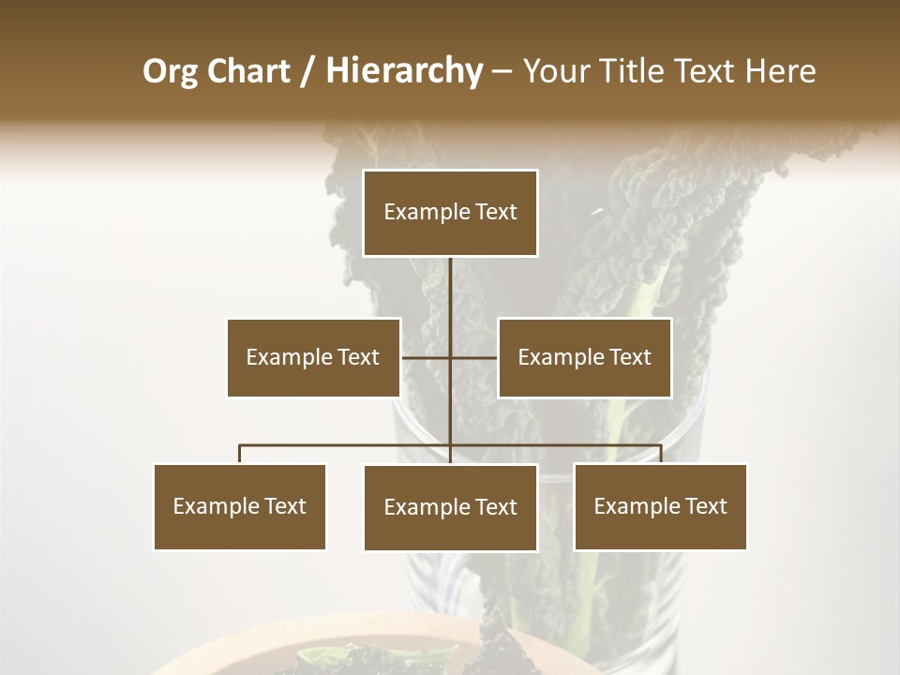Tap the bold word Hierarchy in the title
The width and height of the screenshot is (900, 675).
[404, 71]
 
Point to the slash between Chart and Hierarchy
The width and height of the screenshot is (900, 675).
[307, 71]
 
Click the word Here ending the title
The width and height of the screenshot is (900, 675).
[780, 71]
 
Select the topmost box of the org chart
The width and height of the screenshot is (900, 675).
[450, 213]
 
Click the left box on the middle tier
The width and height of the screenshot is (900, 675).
[313, 357]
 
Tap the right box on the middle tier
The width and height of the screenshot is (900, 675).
[584, 357]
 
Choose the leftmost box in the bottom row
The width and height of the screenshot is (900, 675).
[240, 506]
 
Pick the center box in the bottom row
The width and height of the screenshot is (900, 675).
[450, 507]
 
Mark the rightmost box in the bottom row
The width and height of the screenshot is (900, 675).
[660, 506]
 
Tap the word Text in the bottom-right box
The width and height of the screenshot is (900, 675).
[705, 506]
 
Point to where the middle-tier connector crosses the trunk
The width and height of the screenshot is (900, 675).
[450, 357]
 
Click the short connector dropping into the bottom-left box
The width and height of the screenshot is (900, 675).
[240, 454]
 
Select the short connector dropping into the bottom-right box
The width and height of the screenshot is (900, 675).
[660, 454]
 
